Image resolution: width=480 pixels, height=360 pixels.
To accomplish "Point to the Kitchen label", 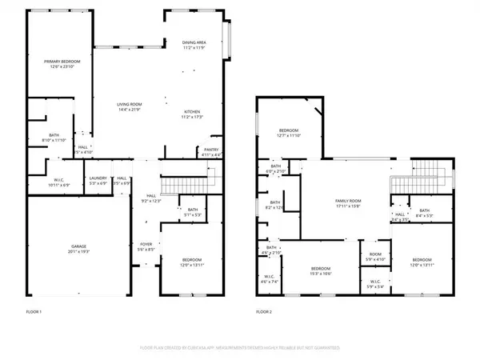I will (192, 112).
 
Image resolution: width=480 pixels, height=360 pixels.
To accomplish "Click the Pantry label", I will (211, 149).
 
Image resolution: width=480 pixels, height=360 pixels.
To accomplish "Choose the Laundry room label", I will (98, 178).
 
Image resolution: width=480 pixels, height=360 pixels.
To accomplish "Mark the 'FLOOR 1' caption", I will (34, 311).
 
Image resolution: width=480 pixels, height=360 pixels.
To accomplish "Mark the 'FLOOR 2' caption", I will (264, 311).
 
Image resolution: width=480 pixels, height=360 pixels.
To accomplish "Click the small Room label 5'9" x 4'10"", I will (375, 258).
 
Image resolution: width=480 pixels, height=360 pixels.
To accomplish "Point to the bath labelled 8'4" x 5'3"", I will (424, 214).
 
